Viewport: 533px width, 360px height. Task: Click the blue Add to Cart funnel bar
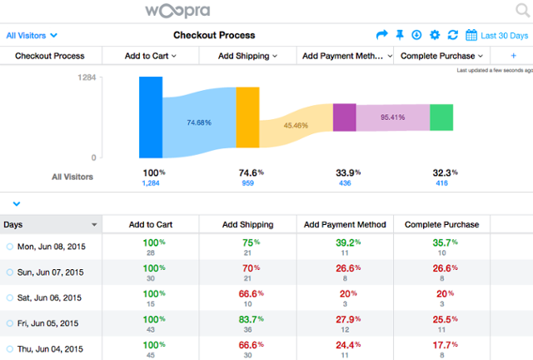tap(151, 117)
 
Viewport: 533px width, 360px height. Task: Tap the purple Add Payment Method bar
tap(345, 117)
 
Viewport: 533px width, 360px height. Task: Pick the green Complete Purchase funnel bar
tap(441, 117)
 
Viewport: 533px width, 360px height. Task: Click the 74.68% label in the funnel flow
tap(198, 122)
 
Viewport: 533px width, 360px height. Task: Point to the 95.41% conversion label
tap(392, 117)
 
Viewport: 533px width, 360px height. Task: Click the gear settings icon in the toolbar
tap(434, 35)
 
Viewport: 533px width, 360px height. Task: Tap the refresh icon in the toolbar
tap(452, 35)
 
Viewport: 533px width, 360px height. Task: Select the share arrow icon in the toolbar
tap(382, 35)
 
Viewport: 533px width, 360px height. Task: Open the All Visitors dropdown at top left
tap(32, 36)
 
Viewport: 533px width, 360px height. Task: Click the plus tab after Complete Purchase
tap(513, 56)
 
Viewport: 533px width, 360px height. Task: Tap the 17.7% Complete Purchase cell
tap(442, 346)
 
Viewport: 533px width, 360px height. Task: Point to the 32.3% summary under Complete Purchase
tap(442, 172)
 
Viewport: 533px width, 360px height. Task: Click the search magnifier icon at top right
tap(521, 11)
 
